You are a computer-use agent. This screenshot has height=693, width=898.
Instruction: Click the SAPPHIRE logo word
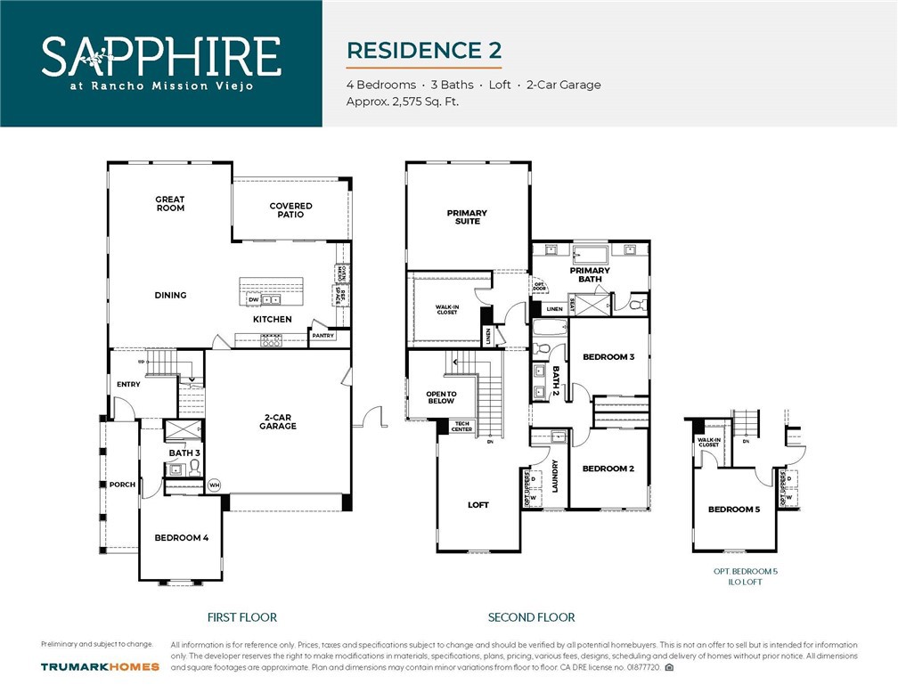click(161, 55)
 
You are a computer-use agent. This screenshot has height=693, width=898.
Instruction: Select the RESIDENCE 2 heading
click(423, 50)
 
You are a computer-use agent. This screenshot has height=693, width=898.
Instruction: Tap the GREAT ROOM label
click(170, 204)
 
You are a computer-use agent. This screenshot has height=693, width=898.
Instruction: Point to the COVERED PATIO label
click(290, 210)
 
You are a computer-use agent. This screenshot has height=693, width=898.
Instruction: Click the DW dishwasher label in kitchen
click(253, 300)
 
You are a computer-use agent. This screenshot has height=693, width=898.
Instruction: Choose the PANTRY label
click(322, 336)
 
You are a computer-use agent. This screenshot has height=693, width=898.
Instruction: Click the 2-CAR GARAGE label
click(279, 421)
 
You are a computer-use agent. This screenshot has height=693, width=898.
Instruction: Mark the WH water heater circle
click(214, 485)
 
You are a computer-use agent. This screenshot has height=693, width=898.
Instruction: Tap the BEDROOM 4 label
click(181, 538)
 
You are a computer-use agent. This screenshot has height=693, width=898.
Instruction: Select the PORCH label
click(122, 485)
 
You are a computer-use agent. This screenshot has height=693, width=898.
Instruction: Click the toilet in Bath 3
click(194, 467)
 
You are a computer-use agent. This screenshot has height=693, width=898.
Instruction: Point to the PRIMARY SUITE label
click(467, 216)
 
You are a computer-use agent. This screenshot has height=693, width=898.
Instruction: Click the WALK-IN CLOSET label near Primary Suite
click(446, 309)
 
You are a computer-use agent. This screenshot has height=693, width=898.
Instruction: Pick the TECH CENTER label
click(461, 427)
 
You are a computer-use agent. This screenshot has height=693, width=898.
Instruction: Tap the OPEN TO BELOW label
click(441, 398)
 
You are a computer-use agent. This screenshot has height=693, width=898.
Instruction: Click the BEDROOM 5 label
click(734, 510)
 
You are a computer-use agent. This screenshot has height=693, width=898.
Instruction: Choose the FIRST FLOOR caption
click(241, 617)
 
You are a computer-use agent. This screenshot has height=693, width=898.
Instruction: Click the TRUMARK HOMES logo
click(100, 666)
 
